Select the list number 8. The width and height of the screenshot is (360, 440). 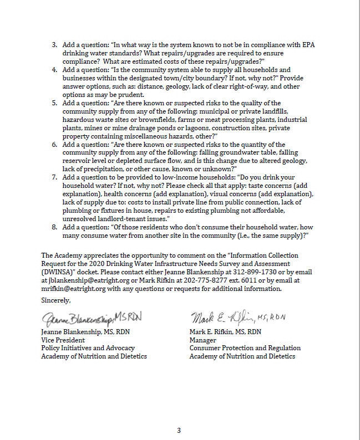tap(54, 227)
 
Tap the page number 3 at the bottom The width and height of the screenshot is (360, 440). tap(179, 430)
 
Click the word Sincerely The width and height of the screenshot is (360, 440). tap(56, 300)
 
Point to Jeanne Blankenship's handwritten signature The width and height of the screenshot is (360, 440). tap(92, 318)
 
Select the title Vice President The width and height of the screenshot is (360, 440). tap(63, 340)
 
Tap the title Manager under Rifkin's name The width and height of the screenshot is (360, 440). tap(202, 340)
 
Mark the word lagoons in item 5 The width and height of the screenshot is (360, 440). tap(169, 127)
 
